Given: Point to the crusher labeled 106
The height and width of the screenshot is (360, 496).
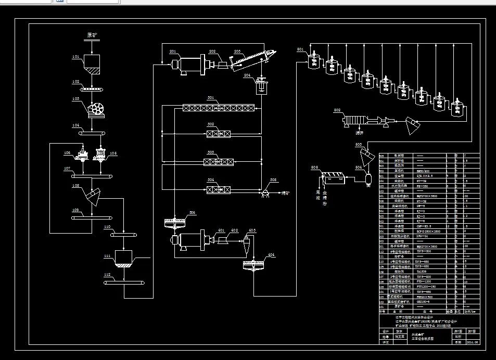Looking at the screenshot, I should (82, 155).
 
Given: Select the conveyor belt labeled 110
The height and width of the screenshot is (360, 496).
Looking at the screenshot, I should (124, 235).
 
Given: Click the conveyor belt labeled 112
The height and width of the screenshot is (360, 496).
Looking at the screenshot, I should (124, 282).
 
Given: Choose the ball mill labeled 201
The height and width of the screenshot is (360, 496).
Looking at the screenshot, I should (187, 65).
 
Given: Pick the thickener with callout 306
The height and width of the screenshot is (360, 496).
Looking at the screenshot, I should (175, 223).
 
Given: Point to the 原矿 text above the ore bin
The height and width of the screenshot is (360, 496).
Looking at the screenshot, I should (92, 35).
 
